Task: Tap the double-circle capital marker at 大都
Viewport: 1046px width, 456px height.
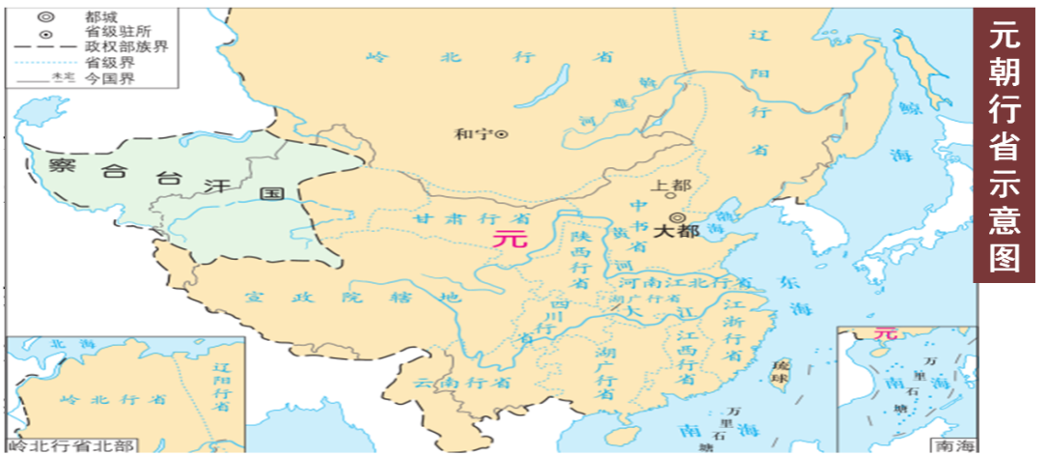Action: (x=675, y=218)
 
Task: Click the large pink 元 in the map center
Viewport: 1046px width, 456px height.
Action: (x=510, y=238)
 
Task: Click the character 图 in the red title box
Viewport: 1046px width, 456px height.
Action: (x=1006, y=258)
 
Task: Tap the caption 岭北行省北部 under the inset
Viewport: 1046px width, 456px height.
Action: (x=68, y=445)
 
